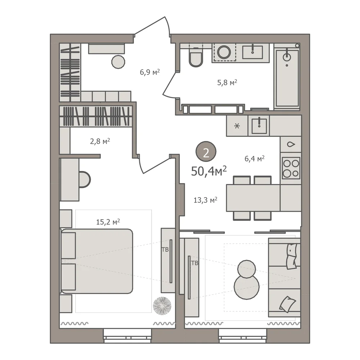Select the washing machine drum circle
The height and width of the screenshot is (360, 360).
pos(224,52)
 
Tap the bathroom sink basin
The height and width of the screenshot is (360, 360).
pos(253,52)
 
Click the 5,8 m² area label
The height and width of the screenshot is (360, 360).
pos(227,82)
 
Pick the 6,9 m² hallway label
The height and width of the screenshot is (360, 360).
pos(150,72)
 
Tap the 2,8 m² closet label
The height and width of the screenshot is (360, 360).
pos(100,141)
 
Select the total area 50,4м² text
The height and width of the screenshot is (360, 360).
pos(209,171)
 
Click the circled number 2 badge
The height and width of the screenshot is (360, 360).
pos(206,152)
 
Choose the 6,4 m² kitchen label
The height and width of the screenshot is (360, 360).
pos(255,158)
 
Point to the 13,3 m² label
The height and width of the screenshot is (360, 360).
pos(206,200)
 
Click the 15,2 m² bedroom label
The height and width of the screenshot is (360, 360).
pos(108,222)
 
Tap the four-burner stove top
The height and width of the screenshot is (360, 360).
pos(291,168)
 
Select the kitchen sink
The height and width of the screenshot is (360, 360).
pos(259,126)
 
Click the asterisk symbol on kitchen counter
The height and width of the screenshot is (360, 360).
pos(237,126)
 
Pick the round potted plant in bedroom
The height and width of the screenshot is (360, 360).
pos(162,306)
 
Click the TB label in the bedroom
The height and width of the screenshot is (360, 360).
pos(165,249)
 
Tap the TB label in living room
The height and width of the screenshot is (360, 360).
pos(195,263)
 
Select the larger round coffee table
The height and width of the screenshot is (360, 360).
pos(247,287)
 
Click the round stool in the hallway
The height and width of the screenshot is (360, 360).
pos(118,62)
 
